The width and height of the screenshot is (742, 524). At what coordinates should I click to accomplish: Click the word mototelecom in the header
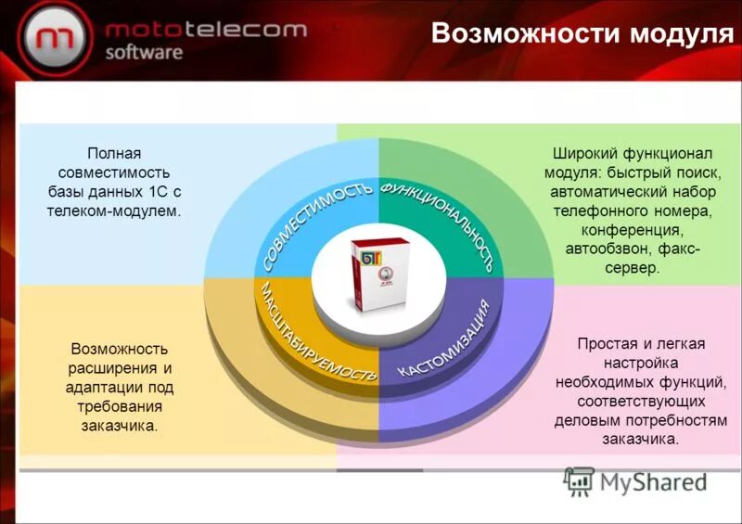click(x=205, y=30)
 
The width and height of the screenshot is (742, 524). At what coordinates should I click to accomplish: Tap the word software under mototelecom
click(x=144, y=53)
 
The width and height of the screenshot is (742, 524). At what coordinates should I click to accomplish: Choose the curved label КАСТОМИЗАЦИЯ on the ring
click(x=443, y=338)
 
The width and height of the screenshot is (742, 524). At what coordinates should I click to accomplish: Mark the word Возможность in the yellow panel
click(x=120, y=349)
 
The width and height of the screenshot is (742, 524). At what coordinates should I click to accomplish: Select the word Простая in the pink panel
click(x=601, y=343)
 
